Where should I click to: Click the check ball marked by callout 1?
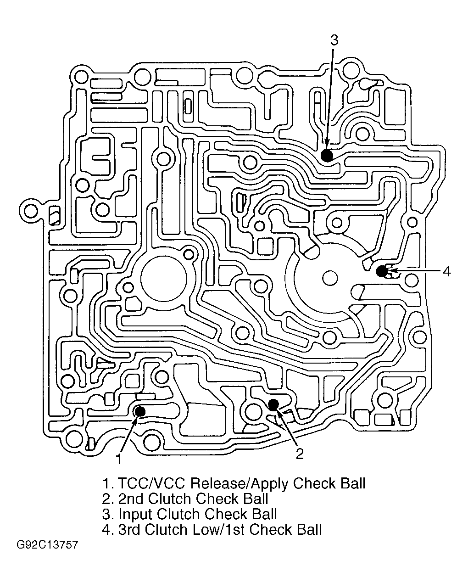140,412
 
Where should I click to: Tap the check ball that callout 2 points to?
273,404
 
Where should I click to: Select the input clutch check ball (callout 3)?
327,155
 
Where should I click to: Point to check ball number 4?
382,271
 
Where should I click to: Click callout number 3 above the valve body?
334,41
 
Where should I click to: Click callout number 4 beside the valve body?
446,271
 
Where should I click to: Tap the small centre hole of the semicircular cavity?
330,278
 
